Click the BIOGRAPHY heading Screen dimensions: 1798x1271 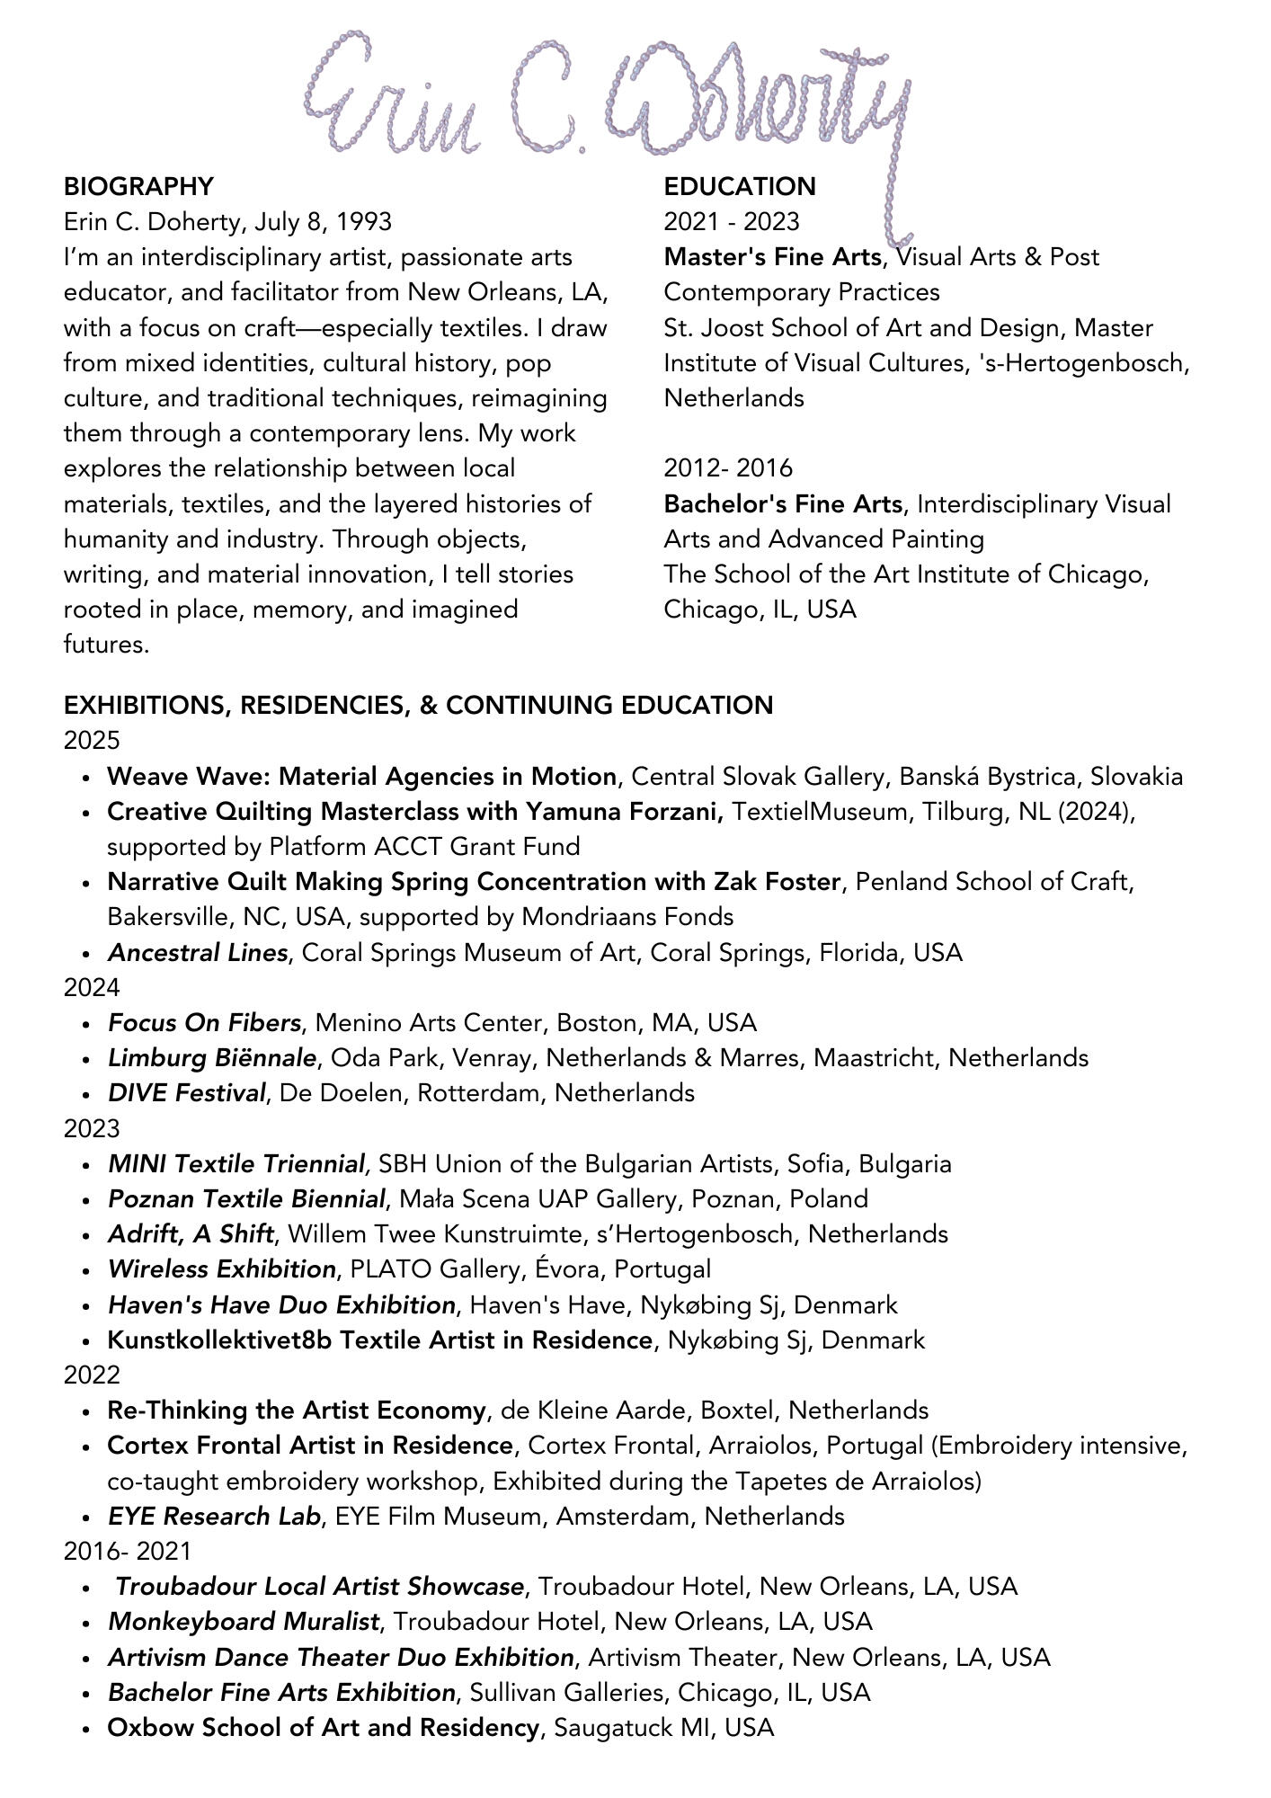pyautogui.click(x=138, y=187)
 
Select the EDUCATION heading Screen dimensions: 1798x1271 pyautogui.click(x=740, y=187)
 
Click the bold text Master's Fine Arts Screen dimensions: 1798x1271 pyautogui.click(x=772, y=257)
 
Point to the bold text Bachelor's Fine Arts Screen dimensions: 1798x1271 pyautogui.click(x=783, y=504)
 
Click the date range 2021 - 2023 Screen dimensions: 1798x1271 pyautogui.click(x=732, y=222)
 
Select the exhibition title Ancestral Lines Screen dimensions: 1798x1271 pyautogui.click(x=198, y=953)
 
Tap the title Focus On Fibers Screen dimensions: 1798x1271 pyautogui.click(x=204, y=1023)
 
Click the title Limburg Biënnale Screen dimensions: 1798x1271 pyautogui.click(x=212, y=1058)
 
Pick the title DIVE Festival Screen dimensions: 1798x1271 pyautogui.click(x=187, y=1093)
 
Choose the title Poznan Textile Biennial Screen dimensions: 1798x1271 pyautogui.click(x=247, y=1199)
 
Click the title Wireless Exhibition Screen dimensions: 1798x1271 pyautogui.click(x=222, y=1269)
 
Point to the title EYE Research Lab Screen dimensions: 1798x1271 pyautogui.click(x=214, y=1517)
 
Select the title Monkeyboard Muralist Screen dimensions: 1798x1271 pyautogui.click(x=243, y=1622)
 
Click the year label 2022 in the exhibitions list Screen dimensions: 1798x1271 pyautogui.click(x=92, y=1375)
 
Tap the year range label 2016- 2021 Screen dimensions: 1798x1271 pyautogui.click(x=128, y=1552)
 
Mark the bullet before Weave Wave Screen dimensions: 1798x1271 pyautogui.click(x=86, y=778)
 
